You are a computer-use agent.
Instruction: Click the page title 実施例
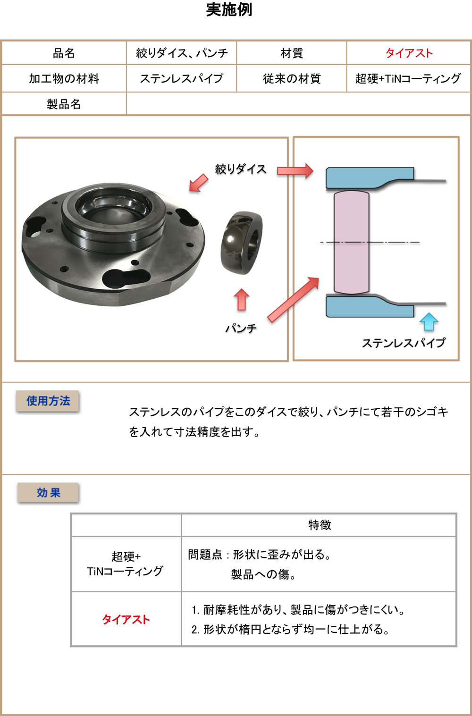(229, 10)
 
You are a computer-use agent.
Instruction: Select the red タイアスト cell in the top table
(409, 53)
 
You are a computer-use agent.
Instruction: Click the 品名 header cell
(64, 53)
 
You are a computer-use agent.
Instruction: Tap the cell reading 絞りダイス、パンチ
(182, 53)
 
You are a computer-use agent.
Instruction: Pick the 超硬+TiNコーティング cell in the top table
(408, 79)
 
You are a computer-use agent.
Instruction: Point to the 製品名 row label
(64, 104)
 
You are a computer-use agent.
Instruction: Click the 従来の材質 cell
(292, 79)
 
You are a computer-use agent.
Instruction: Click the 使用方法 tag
(48, 401)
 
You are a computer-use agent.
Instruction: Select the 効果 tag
(48, 493)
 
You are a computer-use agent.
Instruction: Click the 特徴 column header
(320, 525)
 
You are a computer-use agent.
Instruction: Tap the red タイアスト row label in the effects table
(126, 619)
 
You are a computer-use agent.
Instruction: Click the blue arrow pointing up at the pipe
(429, 322)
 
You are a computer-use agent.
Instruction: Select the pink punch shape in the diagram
(351, 242)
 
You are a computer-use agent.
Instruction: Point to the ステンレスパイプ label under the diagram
(404, 343)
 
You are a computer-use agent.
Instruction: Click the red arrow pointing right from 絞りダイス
(295, 171)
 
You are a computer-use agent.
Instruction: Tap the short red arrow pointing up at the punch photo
(242, 300)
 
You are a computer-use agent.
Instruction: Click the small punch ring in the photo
(242, 243)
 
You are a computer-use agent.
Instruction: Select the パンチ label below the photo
(241, 329)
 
